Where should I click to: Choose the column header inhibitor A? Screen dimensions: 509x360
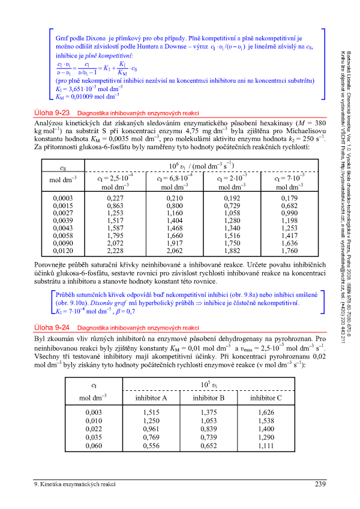click(146, 398)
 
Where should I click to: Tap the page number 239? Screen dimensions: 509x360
click(319, 484)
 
